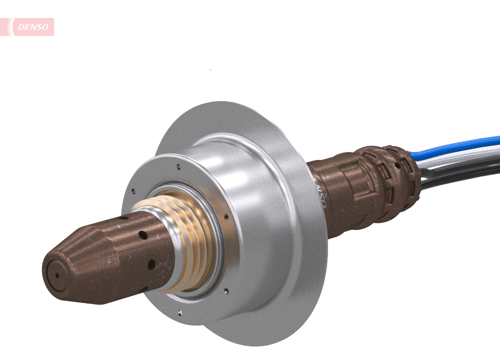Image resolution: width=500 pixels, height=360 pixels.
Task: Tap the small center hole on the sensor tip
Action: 56,275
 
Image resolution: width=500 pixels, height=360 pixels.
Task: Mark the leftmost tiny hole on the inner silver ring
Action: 133,190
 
